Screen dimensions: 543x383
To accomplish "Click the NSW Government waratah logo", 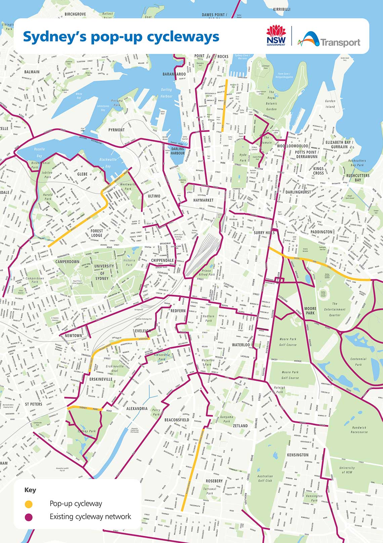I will point(276,35).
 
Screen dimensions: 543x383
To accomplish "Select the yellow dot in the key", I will point(29,504).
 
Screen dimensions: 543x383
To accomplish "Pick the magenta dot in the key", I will point(29,517).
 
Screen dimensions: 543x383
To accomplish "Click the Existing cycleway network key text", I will point(90,517).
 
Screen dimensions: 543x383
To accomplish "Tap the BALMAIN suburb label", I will point(32,72).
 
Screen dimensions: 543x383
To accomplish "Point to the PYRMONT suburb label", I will point(116,130).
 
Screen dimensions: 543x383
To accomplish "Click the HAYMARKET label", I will point(203,200).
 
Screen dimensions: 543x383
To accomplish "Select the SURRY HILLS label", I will point(264,233).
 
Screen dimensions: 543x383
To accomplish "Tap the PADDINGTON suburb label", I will point(321,232).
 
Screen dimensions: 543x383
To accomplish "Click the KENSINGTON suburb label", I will point(298,455).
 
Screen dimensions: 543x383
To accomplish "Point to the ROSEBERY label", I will point(214,481).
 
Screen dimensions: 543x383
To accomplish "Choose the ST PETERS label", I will point(34,404).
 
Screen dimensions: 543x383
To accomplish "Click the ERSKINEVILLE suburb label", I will point(101,379).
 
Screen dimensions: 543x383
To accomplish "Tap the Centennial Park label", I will point(358,362).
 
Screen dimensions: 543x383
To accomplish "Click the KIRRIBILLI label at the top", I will point(282,9).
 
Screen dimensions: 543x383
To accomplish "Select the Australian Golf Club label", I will point(265,478).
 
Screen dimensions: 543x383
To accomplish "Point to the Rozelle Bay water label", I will point(39,152).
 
